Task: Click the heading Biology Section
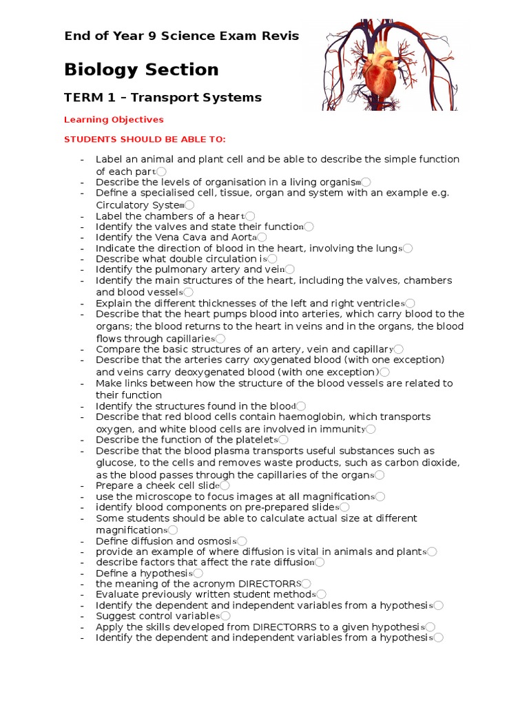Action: click(141, 70)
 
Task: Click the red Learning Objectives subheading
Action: click(114, 120)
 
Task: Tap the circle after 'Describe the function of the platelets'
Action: click(284, 440)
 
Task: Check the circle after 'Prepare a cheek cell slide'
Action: click(225, 486)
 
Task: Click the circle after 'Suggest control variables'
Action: click(225, 616)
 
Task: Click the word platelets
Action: click(252, 440)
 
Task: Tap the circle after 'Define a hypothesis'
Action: click(198, 574)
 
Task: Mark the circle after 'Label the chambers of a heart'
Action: click(250, 216)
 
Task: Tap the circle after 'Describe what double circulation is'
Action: click(273, 259)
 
